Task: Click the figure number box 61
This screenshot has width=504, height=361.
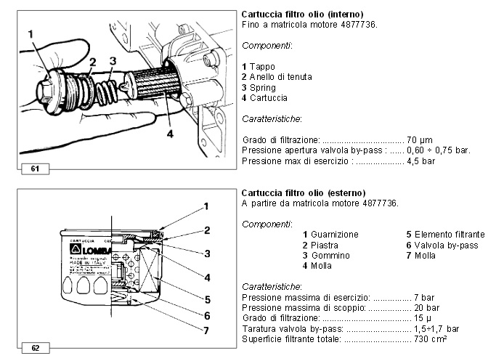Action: (34, 169)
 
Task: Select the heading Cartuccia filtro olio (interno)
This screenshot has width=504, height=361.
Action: (302, 15)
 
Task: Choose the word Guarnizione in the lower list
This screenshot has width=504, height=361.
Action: (335, 235)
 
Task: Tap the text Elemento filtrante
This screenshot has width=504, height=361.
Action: (450, 235)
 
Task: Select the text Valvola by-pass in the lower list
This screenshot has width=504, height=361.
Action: (447, 246)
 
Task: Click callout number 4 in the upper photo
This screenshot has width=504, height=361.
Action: (168, 133)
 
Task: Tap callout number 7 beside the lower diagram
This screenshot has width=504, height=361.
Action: (206, 330)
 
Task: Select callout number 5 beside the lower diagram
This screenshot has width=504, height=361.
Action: (206, 298)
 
